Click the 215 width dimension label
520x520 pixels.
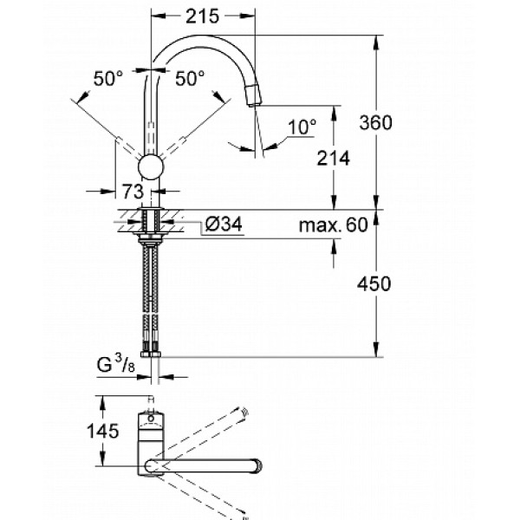(x=205, y=15)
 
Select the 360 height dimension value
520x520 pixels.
(x=377, y=122)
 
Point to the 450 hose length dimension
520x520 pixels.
(x=377, y=283)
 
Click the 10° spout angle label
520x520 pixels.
(x=302, y=127)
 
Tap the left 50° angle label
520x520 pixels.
(x=109, y=78)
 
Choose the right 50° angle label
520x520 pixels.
(x=190, y=78)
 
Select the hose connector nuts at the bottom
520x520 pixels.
(x=153, y=354)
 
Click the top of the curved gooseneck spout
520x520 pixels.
(x=208, y=40)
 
